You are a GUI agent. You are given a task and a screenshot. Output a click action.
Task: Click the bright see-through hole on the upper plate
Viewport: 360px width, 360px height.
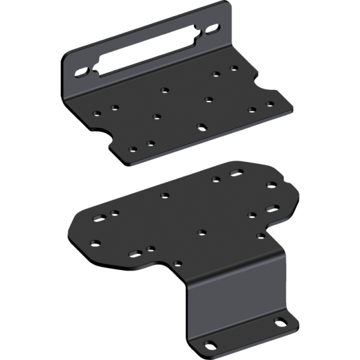click(203, 127)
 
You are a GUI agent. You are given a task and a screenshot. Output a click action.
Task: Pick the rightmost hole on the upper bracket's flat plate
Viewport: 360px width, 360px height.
click(270, 105)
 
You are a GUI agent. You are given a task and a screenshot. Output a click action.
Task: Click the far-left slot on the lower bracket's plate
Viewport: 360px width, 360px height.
click(96, 218)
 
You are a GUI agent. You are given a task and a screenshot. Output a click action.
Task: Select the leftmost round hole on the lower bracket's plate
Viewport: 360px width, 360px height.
click(95, 243)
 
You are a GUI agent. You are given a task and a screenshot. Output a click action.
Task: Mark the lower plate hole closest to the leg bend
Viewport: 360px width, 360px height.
click(178, 263)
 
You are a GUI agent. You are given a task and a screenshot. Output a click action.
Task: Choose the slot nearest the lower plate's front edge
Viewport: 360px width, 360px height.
click(136, 253)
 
